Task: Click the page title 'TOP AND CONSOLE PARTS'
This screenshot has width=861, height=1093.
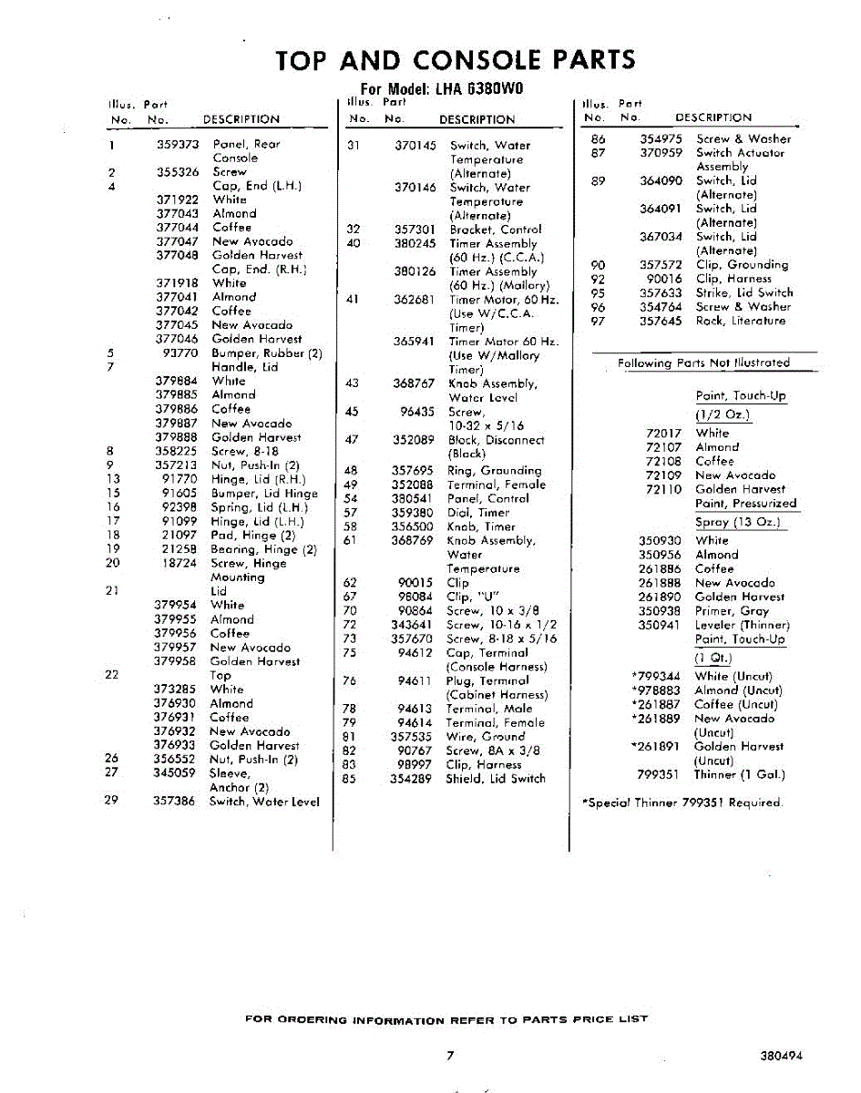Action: tap(455, 60)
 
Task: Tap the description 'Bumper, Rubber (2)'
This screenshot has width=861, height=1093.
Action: tap(267, 353)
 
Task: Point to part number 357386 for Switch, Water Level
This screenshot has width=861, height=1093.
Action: tap(174, 802)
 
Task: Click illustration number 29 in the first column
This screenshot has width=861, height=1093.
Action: tap(112, 802)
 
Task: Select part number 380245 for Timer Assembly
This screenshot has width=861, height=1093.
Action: tap(415, 244)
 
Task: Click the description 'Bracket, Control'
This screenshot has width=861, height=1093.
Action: tap(495, 230)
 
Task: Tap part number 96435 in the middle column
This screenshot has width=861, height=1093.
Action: tap(418, 412)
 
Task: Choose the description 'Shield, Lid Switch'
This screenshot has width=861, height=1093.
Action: tap(497, 779)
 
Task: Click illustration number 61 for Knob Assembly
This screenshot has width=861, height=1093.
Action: tap(350, 541)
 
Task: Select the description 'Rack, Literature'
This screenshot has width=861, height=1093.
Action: tap(740, 321)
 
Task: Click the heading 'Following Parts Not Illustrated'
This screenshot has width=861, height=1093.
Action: tap(703, 363)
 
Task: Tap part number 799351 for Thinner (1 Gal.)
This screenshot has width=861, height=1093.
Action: tap(660, 775)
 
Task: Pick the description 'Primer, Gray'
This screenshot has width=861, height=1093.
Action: tap(732, 611)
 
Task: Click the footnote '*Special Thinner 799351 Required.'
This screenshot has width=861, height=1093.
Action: tap(682, 802)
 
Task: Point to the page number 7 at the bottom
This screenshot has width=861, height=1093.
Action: tap(450, 1056)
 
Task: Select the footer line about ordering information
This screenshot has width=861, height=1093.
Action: tap(446, 1019)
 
